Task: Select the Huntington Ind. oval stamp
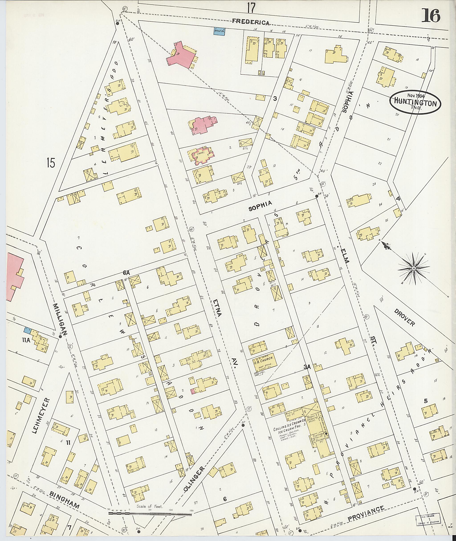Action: (x=415, y=103)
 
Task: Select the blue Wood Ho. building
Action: (x=220, y=31)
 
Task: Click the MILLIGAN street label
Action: (x=61, y=320)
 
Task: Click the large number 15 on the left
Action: (x=51, y=163)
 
